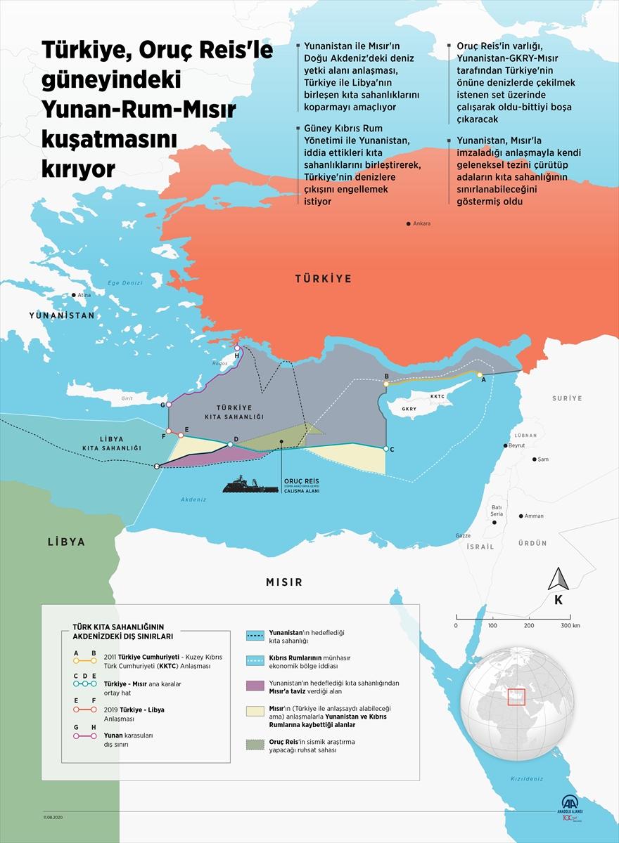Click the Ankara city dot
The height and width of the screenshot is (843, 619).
coord(408,223)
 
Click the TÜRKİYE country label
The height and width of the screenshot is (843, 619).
coord(323,279)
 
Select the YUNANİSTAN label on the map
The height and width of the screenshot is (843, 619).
coord(62,316)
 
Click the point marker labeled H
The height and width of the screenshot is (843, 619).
coord(238,348)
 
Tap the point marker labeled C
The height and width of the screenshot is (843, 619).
coord(386,448)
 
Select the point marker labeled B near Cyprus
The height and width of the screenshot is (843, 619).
coord(386,384)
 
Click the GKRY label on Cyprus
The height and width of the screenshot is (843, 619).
coord(409,409)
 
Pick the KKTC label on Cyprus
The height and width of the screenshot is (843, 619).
coord(438,396)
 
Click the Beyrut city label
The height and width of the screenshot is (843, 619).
coord(517,445)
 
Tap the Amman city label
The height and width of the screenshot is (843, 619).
coord(534,516)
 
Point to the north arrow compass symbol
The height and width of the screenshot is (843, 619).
coord(558,580)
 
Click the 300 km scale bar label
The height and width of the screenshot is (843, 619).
coord(570,625)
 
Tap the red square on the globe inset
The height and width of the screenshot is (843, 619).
coord(517,696)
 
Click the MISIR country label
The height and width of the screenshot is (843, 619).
coord(284,582)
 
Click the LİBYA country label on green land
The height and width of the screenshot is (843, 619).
coord(66,542)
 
